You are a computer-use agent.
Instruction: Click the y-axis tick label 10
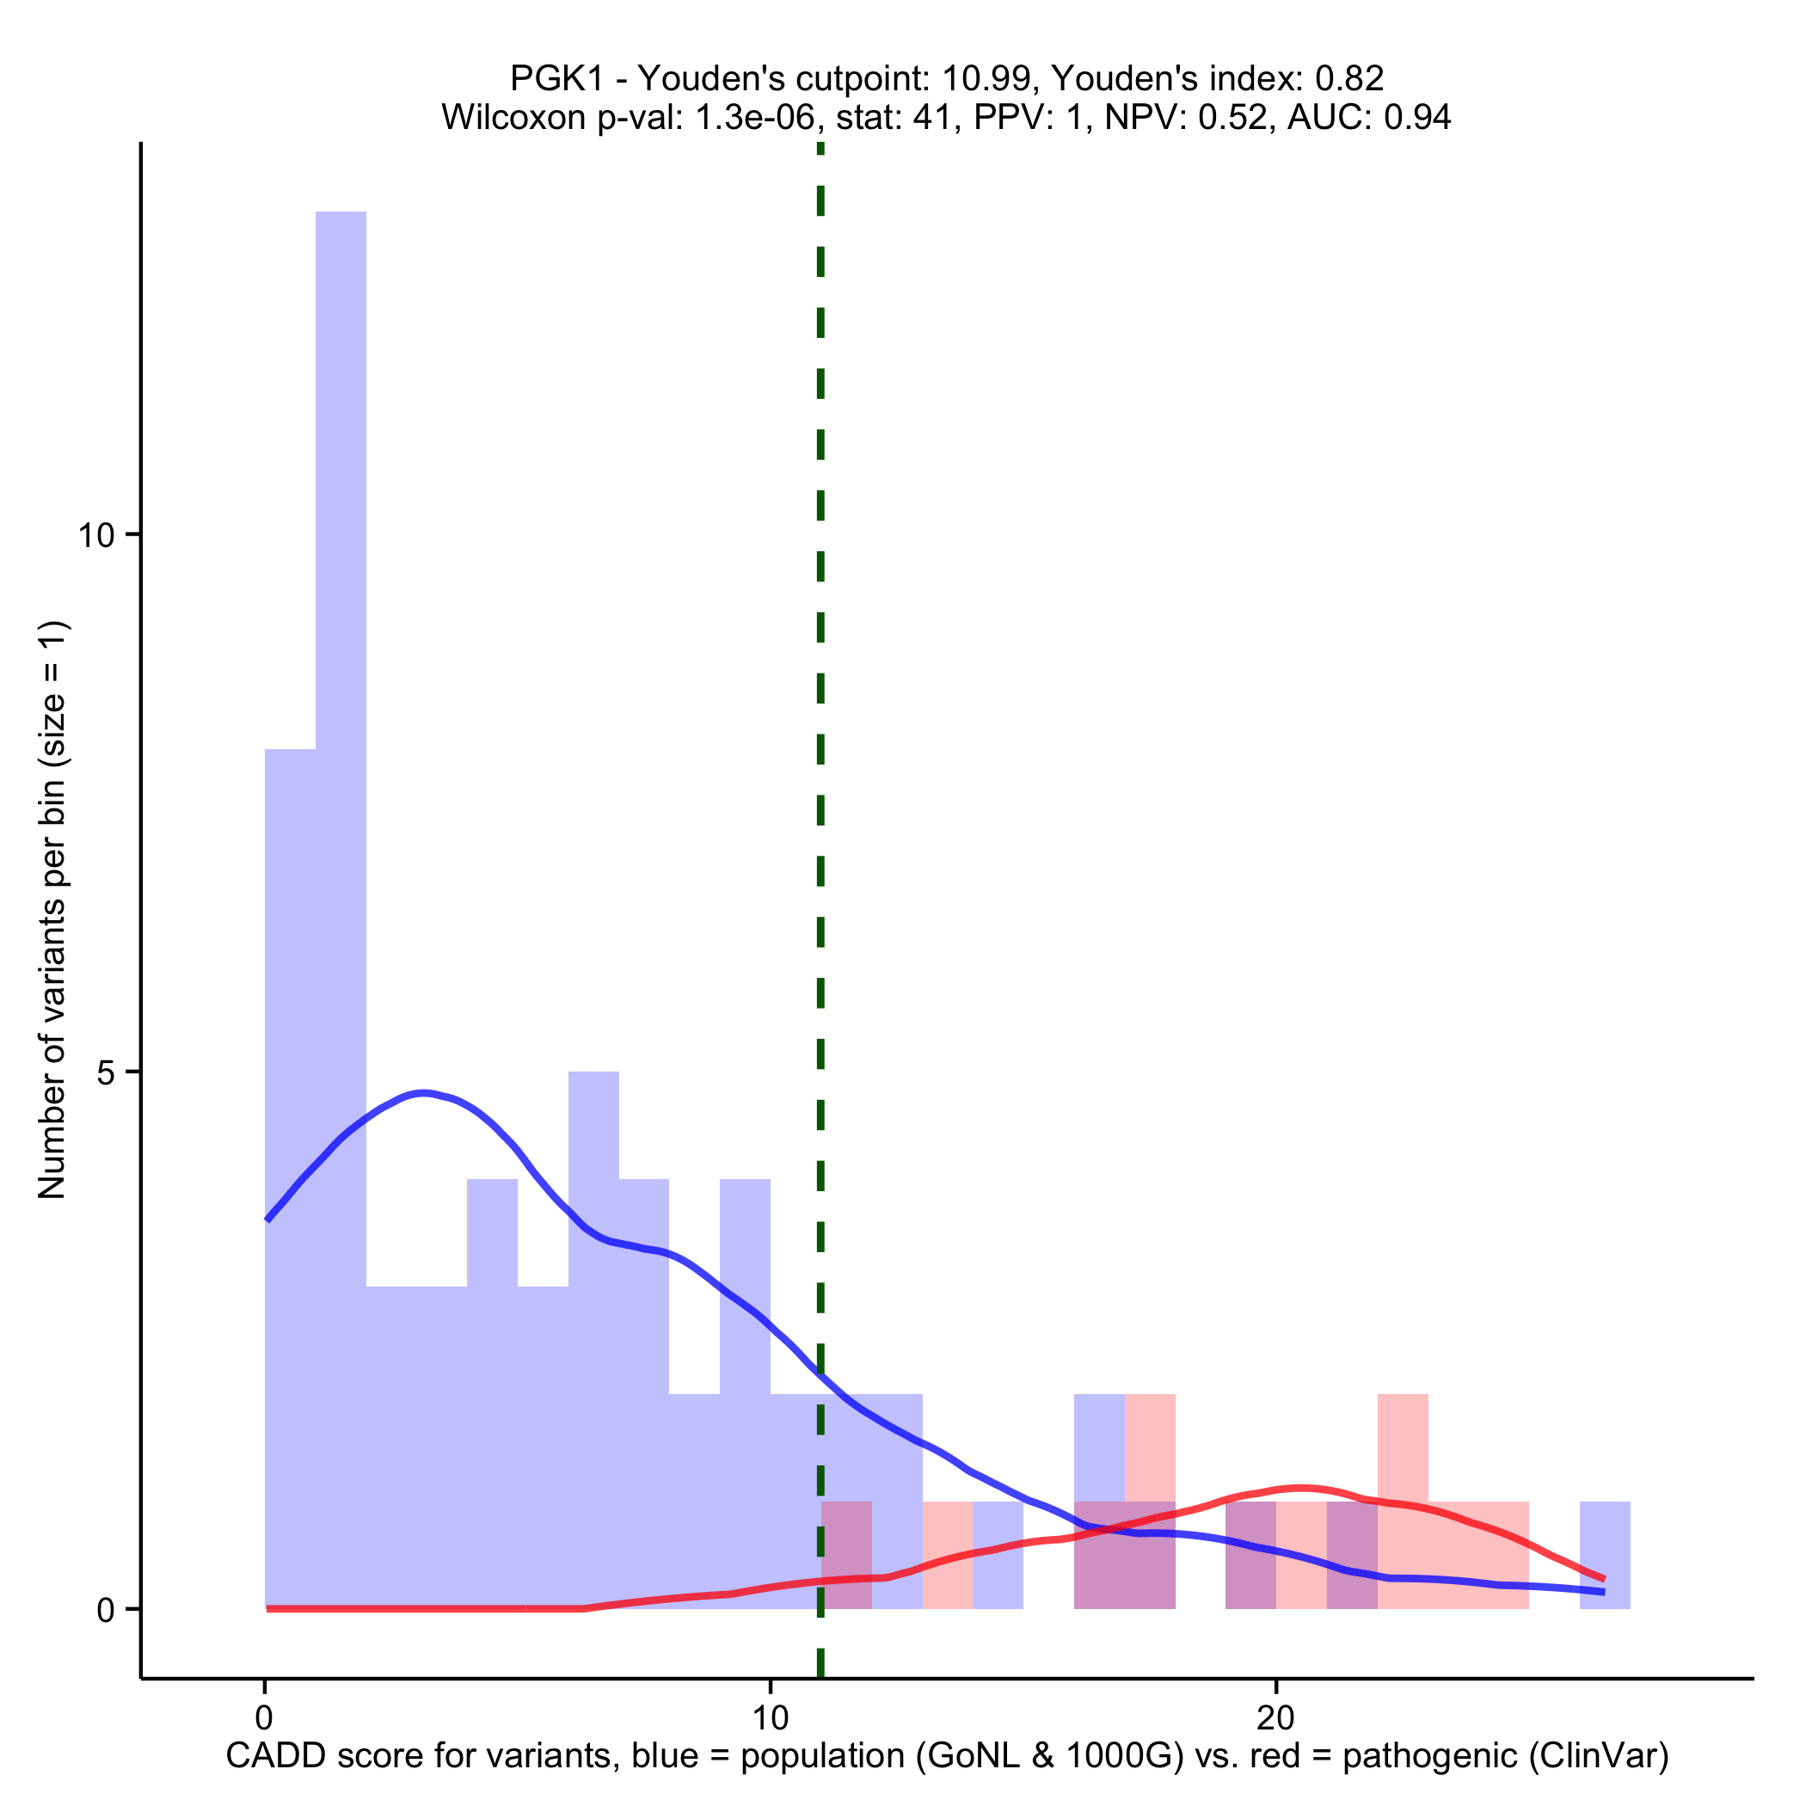(x=96, y=536)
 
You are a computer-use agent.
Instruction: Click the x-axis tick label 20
(x=1275, y=1717)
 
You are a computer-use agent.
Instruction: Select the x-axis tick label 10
(x=770, y=1717)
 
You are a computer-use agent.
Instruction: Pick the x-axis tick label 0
(x=265, y=1717)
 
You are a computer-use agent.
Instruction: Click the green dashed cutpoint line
(x=820, y=841)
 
